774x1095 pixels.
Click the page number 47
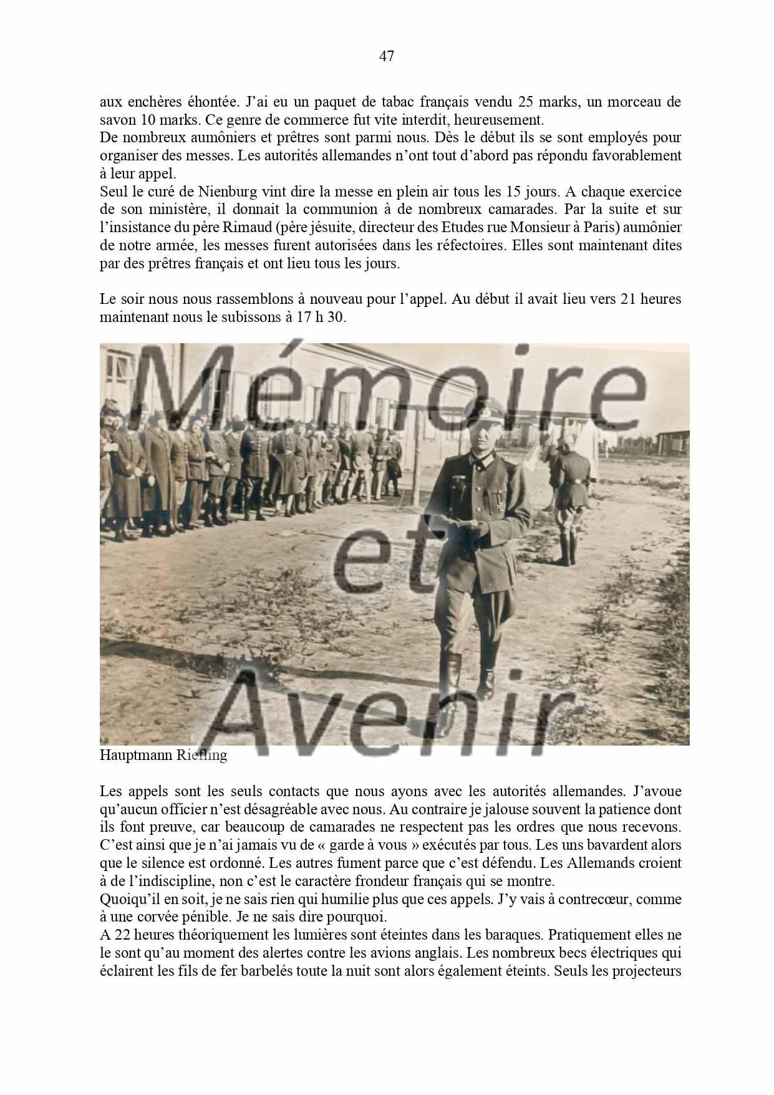click(386, 56)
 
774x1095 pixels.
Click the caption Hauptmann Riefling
click(163, 756)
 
